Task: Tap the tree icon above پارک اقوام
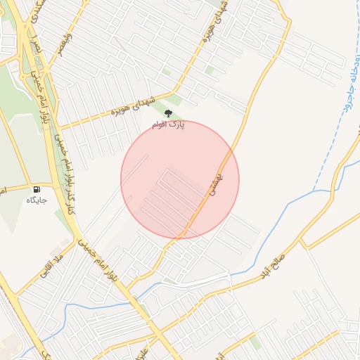167,112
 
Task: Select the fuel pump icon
36,189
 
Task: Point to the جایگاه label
36,200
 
